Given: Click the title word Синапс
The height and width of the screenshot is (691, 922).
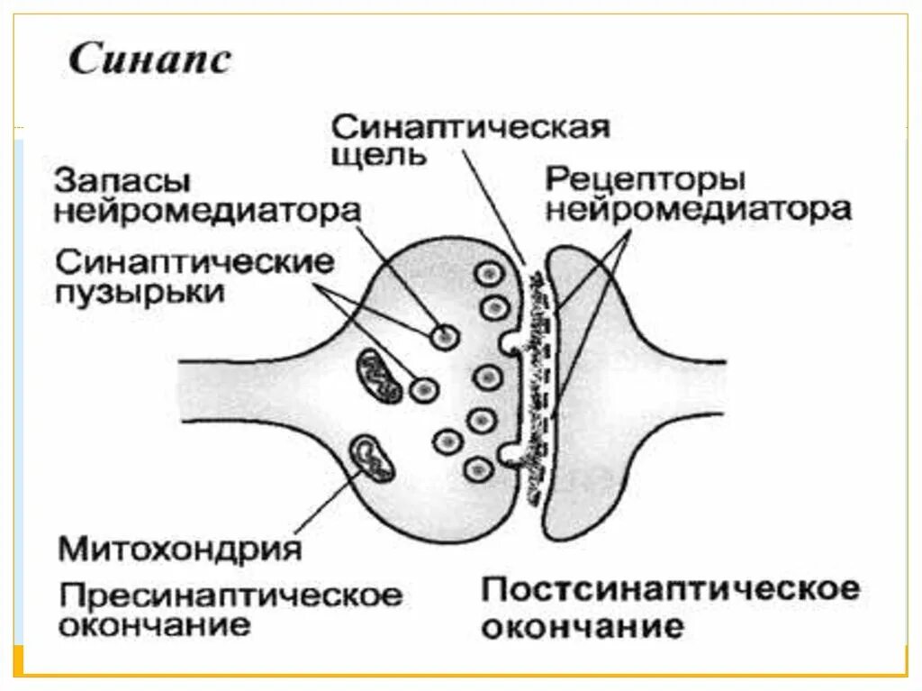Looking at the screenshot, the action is tap(150, 61).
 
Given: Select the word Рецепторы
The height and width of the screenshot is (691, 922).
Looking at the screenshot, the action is tap(645, 179).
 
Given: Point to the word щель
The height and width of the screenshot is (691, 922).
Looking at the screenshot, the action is tap(377, 155).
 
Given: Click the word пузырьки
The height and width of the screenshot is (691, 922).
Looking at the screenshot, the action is tap(140, 293).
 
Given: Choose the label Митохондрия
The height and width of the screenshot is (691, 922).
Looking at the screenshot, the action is tap(179, 548).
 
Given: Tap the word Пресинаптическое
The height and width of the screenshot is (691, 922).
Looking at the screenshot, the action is tap(230, 596).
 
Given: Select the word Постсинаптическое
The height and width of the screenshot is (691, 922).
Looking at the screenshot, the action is tap(670, 591).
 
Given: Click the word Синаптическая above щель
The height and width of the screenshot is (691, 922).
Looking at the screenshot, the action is tap(469, 126).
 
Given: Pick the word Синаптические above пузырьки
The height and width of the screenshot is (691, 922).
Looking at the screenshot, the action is tap(194, 264).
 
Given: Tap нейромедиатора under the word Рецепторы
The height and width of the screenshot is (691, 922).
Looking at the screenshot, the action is tap(698, 211).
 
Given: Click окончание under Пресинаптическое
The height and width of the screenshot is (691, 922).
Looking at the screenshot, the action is tap(154, 625).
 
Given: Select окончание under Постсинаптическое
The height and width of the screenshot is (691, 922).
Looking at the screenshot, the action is tap(581, 625).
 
